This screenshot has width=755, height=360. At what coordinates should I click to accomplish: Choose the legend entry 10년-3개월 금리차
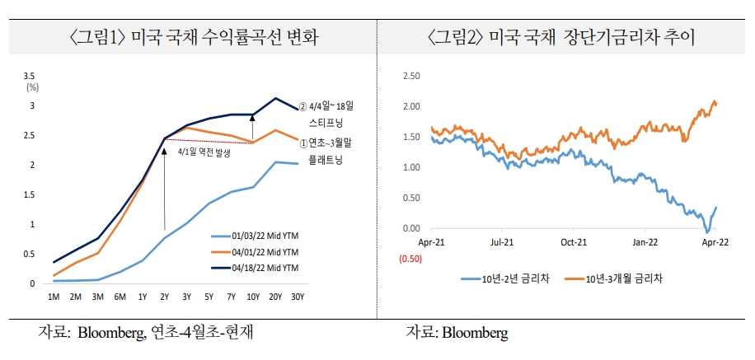pos(617,278)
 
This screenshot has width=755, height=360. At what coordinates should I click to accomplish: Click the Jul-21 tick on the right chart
pos(502,243)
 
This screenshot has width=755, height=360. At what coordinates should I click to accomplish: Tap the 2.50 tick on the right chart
pos(409,76)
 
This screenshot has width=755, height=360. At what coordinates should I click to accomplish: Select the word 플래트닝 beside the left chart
pos(325,158)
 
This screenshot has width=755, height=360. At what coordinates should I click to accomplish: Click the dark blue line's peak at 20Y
pos(275,98)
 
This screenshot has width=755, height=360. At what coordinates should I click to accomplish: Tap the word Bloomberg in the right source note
pos(475,333)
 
